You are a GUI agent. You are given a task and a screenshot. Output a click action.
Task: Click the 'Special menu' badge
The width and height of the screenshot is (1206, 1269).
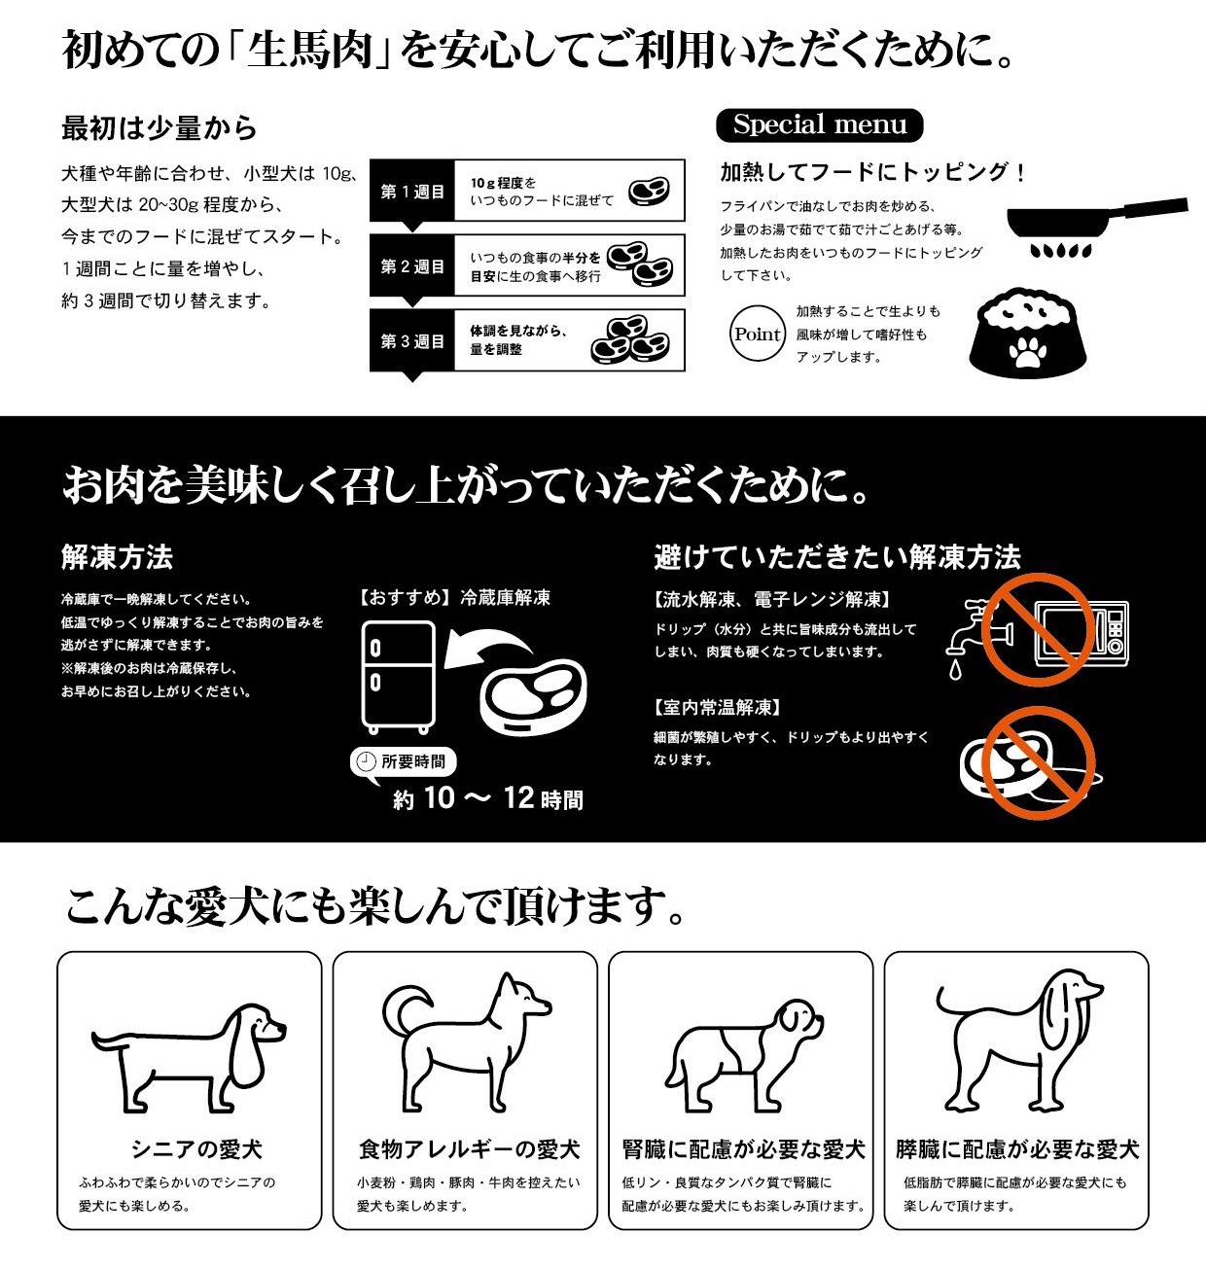pyautogui.click(x=819, y=125)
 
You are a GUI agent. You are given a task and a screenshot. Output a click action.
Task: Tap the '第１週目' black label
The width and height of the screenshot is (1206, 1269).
pyautogui.click(x=412, y=192)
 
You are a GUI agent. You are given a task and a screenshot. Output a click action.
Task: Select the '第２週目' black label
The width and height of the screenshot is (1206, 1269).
pyautogui.click(x=412, y=266)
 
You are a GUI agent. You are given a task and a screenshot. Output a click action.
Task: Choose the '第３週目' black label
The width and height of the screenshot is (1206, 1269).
pyautogui.click(x=412, y=341)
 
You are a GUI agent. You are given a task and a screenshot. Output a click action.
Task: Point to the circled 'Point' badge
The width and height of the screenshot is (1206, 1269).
pyautogui.click(x=758, y=335)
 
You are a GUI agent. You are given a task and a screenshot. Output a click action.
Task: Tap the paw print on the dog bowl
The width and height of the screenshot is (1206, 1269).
pyautogui.click(x=1026, y=352)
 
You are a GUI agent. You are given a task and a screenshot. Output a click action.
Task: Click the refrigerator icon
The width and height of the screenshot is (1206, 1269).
pyautogui.click(x=398, y=675)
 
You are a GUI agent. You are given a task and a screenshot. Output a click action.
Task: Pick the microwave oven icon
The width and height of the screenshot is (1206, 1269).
pyautogui.click(x=1082, y=632)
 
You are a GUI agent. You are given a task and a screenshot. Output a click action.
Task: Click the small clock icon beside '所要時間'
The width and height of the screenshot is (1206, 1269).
pyautogui.click(x=366, y=762)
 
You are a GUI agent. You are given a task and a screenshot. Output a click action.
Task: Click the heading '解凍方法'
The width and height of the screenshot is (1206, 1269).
pyautogui.click(x=117, y=557)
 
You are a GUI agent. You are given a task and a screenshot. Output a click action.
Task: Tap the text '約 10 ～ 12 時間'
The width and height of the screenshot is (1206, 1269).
pyautogui.click(x=487, y=799)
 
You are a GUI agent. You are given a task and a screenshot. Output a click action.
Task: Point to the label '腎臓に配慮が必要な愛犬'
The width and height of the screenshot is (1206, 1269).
pyautogui.click(x=743, y=1149)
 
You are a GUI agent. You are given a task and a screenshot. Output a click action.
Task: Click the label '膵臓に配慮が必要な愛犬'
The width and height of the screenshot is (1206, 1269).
pyautogui.click(x=1016, y=1149)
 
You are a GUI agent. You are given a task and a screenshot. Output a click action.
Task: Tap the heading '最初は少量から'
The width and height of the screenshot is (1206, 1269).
pyautogui.click(x=159, y=127)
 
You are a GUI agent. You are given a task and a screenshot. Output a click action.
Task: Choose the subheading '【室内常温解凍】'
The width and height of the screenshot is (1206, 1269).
pyautogui.click(x=718, y=707)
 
